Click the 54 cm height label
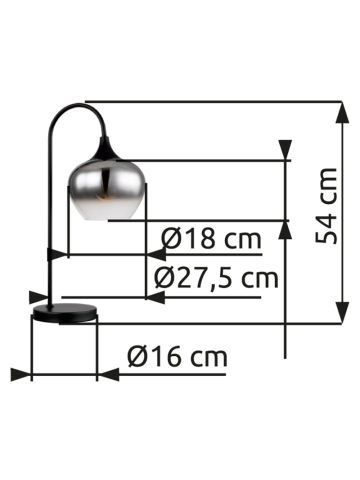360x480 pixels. coord(326,205)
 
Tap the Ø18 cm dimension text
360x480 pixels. coord(211,239)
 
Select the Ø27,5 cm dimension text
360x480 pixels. coord(216,278)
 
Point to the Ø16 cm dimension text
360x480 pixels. coord(177,356)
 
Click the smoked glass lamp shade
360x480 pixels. coord(106,189)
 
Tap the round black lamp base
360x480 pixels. coord(65,313)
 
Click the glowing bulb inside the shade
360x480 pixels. coord(103,196)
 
